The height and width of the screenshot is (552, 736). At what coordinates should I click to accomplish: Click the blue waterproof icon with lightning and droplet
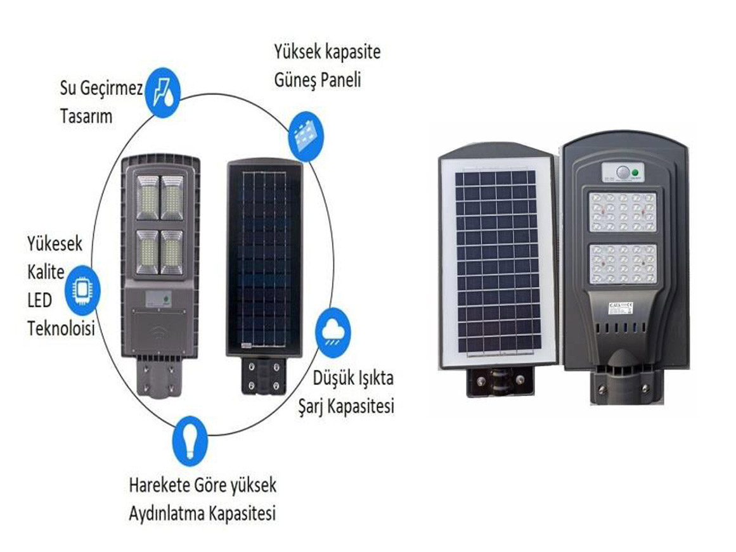[163, 93]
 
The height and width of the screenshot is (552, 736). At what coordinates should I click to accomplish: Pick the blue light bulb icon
[190, 439]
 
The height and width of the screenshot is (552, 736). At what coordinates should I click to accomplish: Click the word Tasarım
[86, 117]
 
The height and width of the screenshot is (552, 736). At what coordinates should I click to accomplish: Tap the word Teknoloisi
[60, 328]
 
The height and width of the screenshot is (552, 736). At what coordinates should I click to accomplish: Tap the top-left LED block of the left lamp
[147, 198]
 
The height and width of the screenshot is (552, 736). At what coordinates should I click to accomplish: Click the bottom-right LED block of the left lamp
[172, 252]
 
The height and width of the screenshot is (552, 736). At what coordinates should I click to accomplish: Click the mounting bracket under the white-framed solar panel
[499, 381]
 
